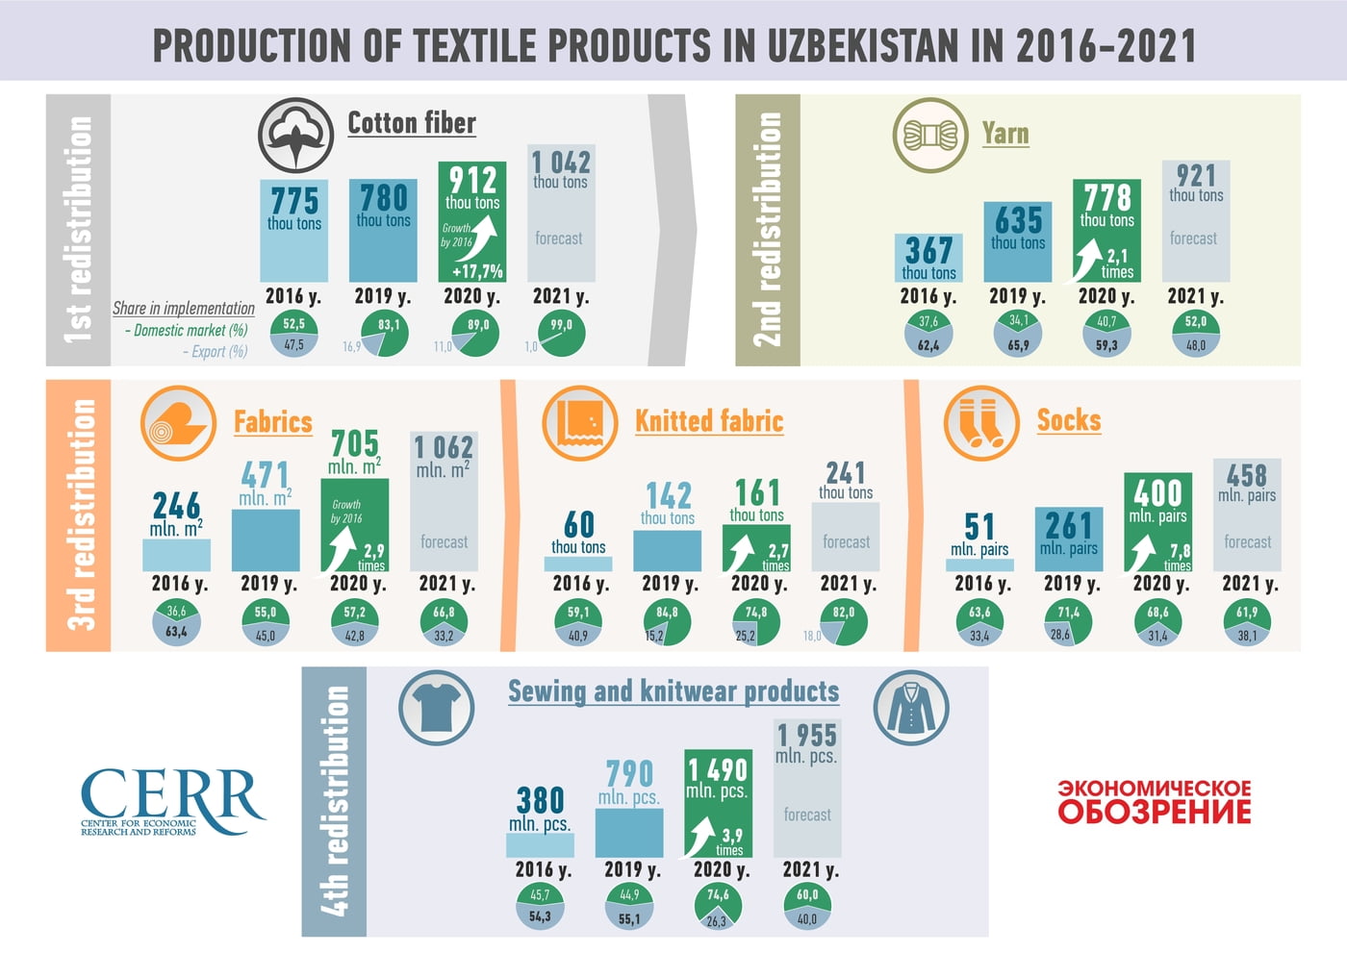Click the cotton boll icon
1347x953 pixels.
[x=295, y=136]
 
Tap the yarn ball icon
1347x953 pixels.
[x=929, y=136]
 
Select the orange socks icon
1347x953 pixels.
[x=980, y=422]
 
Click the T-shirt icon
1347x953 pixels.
[x=437, y=708]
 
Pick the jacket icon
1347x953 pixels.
[x=910, y=708]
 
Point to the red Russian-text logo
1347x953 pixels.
[x=1155, y=802]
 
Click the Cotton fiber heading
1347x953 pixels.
[x=412, y=123]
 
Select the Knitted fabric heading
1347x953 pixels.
[x=709, y=421]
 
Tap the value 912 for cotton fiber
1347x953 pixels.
[x=472, y=180]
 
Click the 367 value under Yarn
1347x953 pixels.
[x=928, y=251]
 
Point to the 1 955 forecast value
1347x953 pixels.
[x=807, y=736]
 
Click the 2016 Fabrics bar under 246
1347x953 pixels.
[x=176, y=555]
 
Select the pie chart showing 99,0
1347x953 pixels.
[x=562, y=334]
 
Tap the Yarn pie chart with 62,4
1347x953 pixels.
[x=928, y=334]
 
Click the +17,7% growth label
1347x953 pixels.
[x=478, y=271]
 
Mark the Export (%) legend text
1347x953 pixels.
[x=215, y=352]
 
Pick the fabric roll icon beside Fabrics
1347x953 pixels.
[x=178, y=423]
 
